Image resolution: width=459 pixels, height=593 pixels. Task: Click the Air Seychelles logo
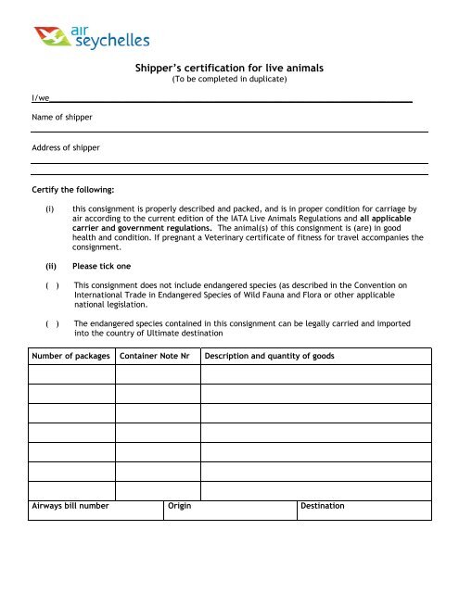point(91,36)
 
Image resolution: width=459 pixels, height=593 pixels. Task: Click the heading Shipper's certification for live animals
point(229,68)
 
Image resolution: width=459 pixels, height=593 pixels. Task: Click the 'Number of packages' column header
point(71,356)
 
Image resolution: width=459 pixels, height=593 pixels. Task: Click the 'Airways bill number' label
point(70,506)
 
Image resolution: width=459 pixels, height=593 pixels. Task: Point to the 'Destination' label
point(322,506)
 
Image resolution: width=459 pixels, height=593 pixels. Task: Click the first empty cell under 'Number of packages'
point(71,374)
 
